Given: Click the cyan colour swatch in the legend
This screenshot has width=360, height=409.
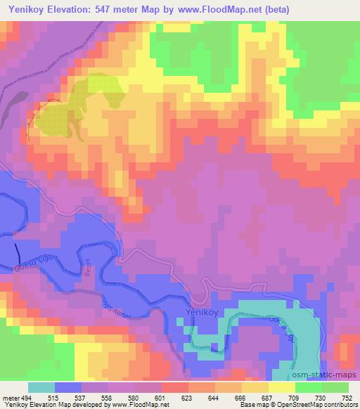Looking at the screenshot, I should [x=41, y=387].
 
